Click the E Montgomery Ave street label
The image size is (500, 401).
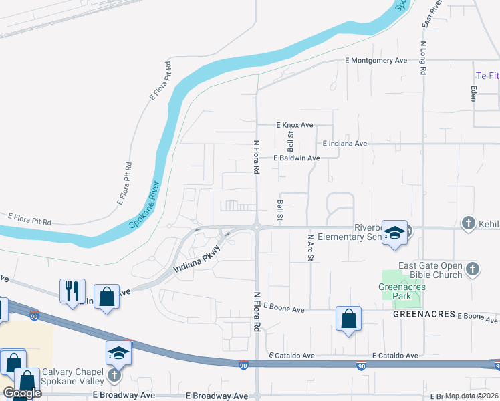376,60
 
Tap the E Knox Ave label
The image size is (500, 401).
295,125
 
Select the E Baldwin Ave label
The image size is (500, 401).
297,158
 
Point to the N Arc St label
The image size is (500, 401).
311,247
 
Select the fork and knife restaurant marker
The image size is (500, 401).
73,291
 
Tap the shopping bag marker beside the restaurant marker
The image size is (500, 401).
106,295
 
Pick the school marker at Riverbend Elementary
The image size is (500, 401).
394,233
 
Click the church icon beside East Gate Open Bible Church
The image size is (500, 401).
473,269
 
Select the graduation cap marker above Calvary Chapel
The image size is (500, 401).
118,352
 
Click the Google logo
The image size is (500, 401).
22,393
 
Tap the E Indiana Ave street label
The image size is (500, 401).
344,144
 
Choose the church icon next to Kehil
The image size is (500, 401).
469,223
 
